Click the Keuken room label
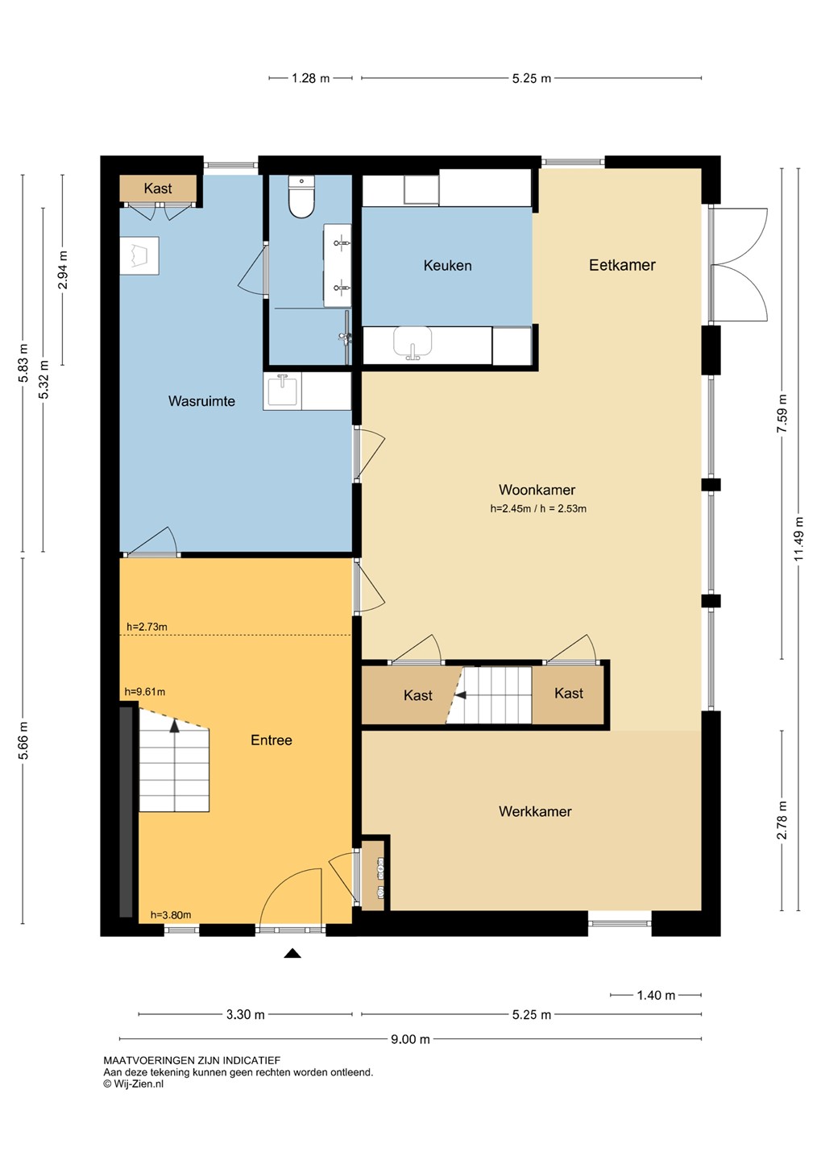point(447,266)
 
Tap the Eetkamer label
point(622,265)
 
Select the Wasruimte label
point(201,401)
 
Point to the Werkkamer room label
point(535,811)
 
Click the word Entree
point(272,740)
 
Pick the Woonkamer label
point(537,490)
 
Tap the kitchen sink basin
point(413,342)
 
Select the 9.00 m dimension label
point(410,1039)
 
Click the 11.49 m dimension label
point(798,539)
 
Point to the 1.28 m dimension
point(310,78)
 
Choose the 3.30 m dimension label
point(245,1014)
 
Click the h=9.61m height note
point(144,692)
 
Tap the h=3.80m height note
point(171,915)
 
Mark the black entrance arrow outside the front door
point(292,953)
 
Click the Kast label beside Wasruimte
point(158,188)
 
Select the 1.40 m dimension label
point(656,995)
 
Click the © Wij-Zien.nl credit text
point(133,1084)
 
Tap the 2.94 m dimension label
point(62,270)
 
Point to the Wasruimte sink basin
point(282,391)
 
